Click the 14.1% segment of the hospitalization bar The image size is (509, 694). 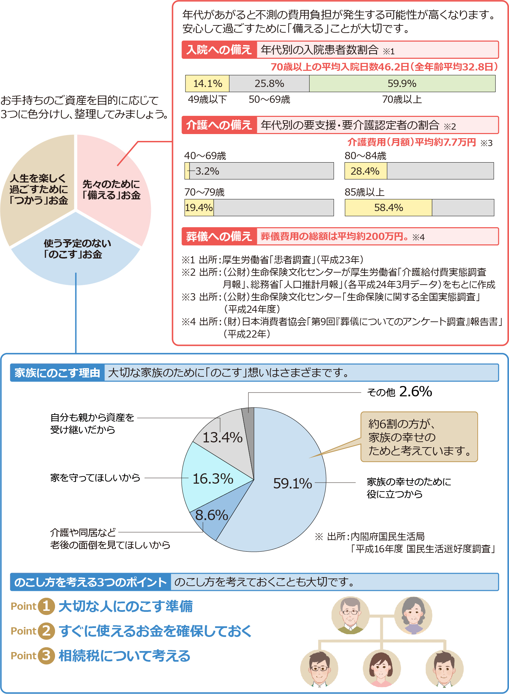point(207,84)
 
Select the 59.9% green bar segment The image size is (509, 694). point(402,84)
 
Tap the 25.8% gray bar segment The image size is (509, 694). point(269,84)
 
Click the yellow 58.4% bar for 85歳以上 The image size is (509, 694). point(388,208)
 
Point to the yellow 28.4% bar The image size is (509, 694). point(366,171)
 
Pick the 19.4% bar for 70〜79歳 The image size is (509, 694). point(199,208)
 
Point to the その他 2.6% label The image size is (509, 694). point(399,392)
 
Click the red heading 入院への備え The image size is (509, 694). point(219,50)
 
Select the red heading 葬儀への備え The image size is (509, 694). point(219,236)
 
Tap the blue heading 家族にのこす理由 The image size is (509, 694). point(57,373)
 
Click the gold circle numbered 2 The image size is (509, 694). point(46,631)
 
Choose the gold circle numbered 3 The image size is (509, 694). point(46,656)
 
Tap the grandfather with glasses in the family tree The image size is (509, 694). point(350,615)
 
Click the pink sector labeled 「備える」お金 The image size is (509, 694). point(112,189)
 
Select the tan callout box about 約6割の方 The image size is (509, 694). point(419,437)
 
